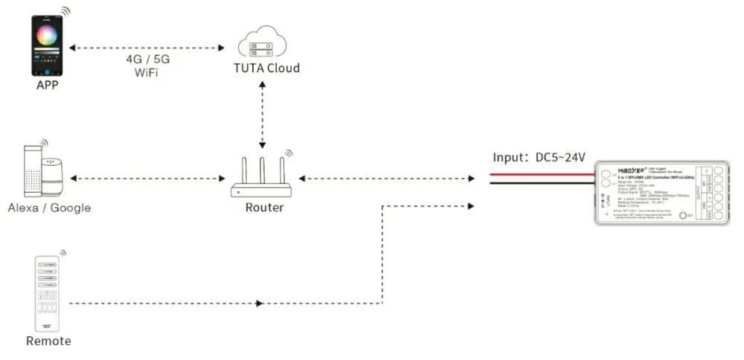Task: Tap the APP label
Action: point(48,86)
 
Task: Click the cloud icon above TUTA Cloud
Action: point(263,43)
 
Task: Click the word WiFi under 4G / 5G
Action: point(147,73)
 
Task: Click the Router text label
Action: point(264,208)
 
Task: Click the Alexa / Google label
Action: point(49,208)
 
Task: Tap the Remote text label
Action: point(48,341)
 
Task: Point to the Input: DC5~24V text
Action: point(539,158)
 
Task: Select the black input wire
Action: point(542,183)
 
